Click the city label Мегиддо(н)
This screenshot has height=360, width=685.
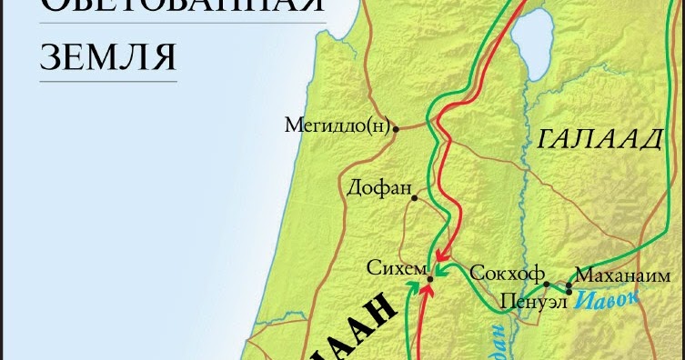click(337, 125)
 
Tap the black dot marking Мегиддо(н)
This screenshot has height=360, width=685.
click(394, 129)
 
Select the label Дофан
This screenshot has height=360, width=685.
click(375, 188)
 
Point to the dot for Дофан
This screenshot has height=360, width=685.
click(413, 197)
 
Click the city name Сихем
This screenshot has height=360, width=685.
click(395, 268)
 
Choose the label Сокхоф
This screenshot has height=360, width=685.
click(507, 273)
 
